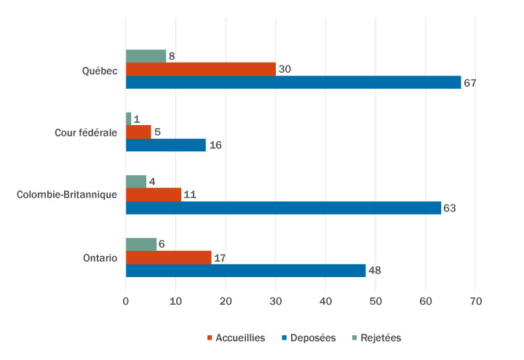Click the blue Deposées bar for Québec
293,82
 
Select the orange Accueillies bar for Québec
200,69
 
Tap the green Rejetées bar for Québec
146,56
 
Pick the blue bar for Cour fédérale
166,145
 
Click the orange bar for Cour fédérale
138,132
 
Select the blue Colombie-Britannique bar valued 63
283,208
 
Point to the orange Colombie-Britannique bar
153,195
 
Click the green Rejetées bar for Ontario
140,244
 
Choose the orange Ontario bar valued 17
168,257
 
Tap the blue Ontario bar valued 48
245,271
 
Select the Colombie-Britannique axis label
67,195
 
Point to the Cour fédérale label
86,132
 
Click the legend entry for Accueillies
236,337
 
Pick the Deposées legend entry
311,337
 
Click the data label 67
469,83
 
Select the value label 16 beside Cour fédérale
215,145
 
